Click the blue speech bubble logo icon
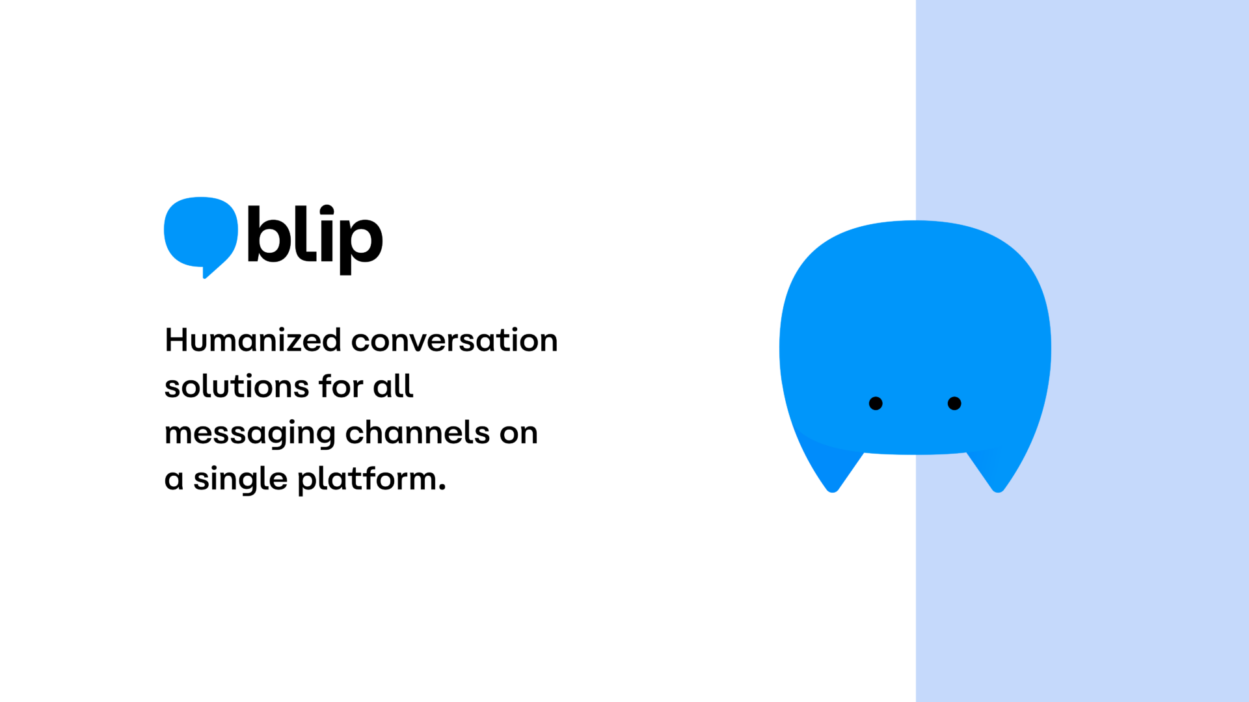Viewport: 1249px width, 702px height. [200, 233]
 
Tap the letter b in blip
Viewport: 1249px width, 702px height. [267, 235]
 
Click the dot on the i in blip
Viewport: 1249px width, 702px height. [327, 211]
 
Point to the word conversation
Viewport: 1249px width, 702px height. [454, 341]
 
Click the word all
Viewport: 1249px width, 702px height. [393, 387]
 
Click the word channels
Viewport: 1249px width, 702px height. [417, 433]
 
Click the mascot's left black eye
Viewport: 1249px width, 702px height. [876, 404]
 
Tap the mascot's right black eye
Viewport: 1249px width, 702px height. [954, 404]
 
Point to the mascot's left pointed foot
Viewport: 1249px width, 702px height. [833, 484]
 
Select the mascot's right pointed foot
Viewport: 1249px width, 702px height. [998, 484]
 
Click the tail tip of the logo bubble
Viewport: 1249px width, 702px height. [206, 275]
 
